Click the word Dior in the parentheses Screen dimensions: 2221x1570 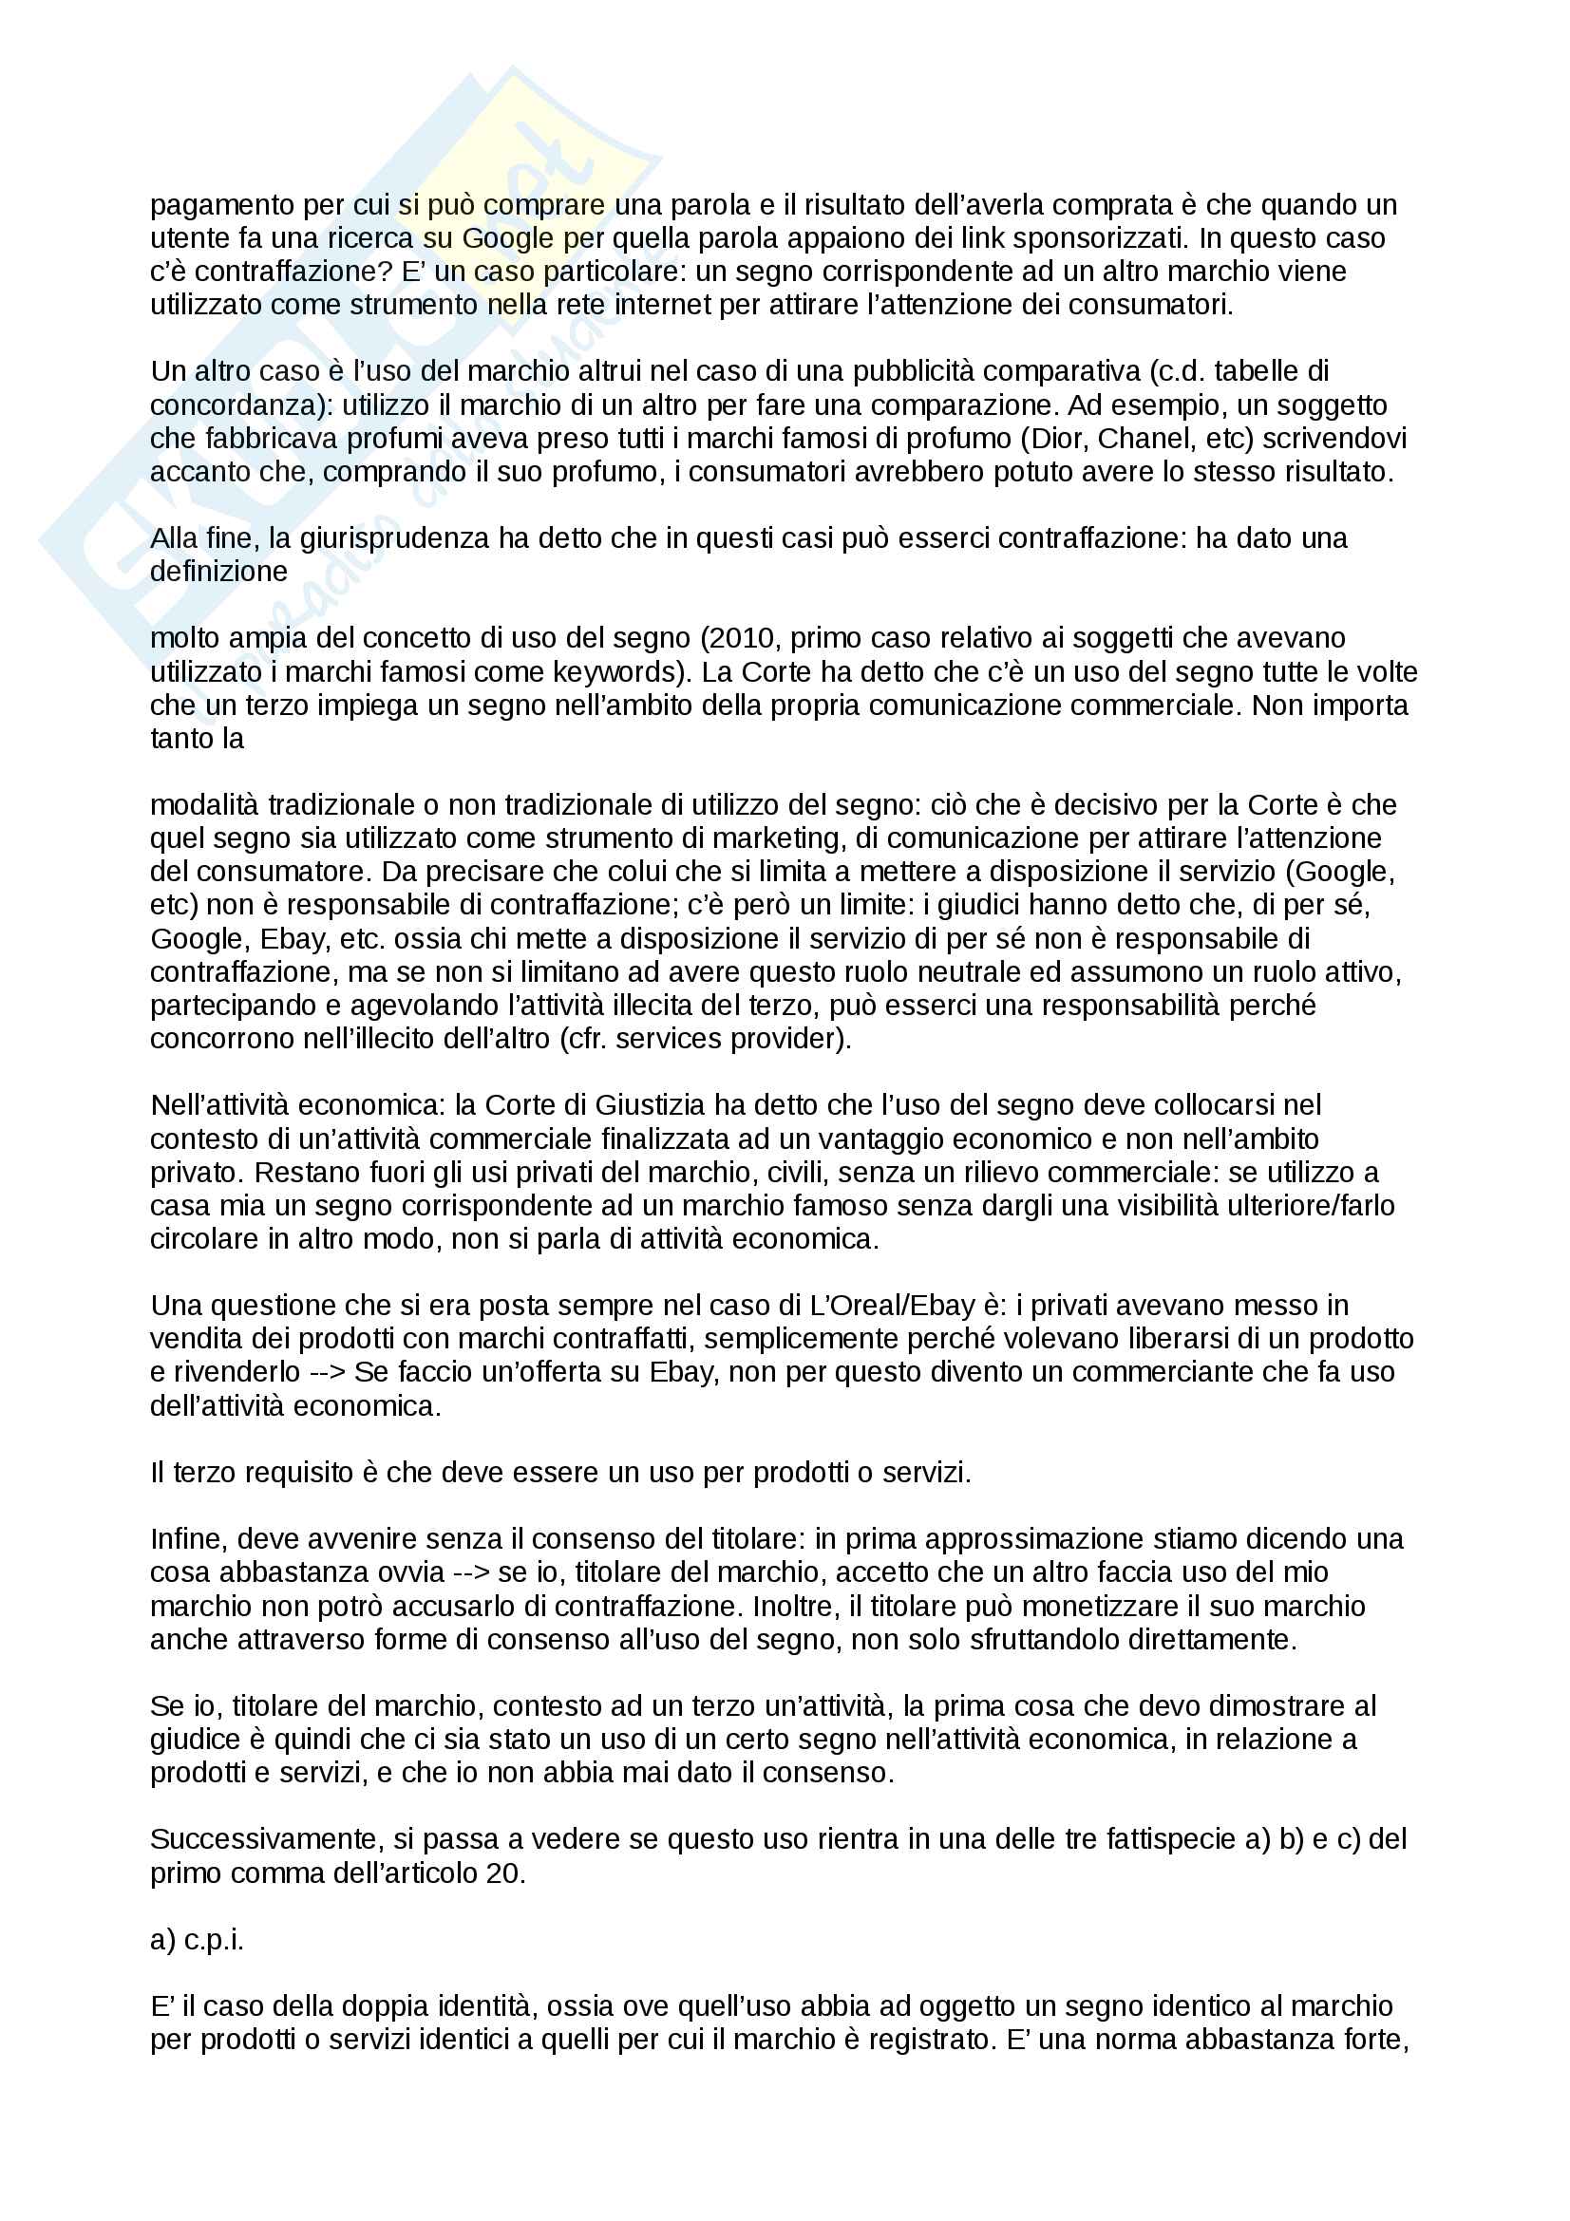[1055, 438]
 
